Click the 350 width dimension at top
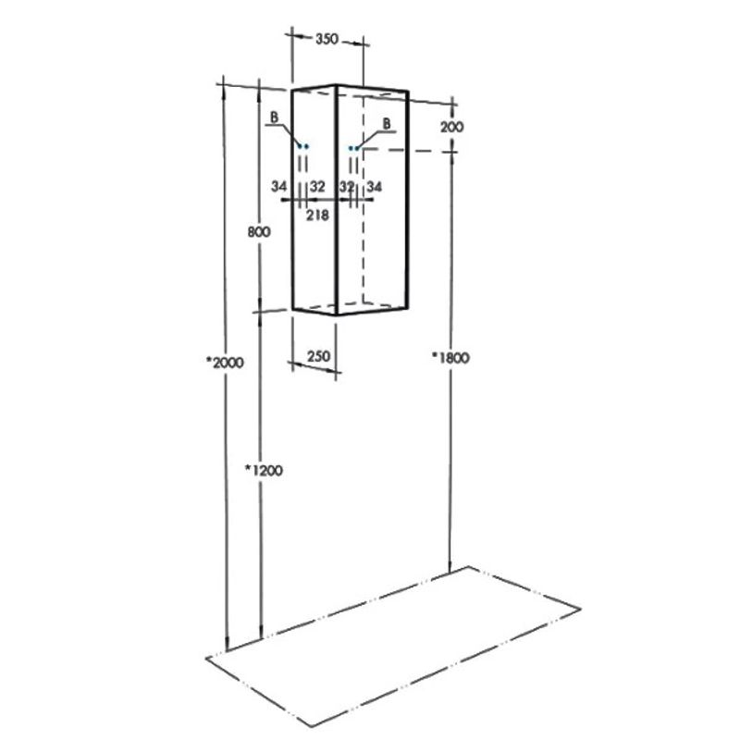click(x=327, y=39)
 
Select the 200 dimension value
click(x=452, y=127)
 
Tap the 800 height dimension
click(x=259, y=232)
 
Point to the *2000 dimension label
click(x=225, y=363)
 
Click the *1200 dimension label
click(x=264, y=470)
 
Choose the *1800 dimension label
click(x=450, y=358)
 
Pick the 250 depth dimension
click(x=318, y=356)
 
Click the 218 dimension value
click(x=317, y=216)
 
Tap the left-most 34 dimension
click(x=279, y=187)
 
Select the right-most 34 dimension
click(x=375, y=187)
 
